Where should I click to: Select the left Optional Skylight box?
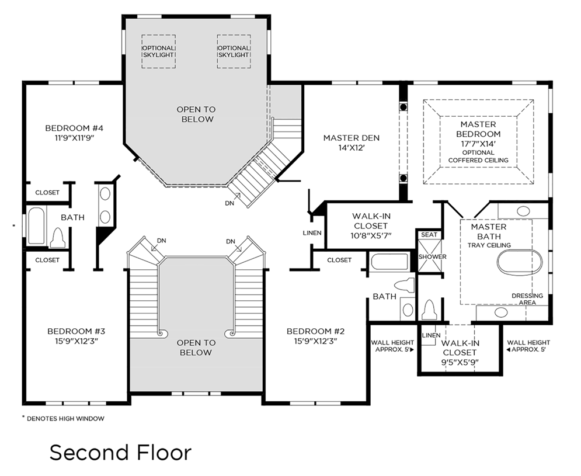pyautogui.click(x=159, y=51)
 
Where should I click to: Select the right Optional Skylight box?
pyautogui.click(x=234, y=51)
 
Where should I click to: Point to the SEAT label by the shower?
pyautogui.click(x=429, y=235)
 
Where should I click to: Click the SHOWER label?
pyautogui.click(x=432, y=257)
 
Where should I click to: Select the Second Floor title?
pyautogui.click(x=120, y=453)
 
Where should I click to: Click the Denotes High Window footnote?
pyautogui.click(x=63, y=418)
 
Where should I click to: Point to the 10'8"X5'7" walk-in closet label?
pyautogui.click(x=371, y=235)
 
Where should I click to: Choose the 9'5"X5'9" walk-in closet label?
pyautogui.click(x=460, y=362)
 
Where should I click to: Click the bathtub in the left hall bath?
pyautogui.click(x=36, y=225)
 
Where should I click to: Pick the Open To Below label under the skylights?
pyautogui.click(x=196, y=114)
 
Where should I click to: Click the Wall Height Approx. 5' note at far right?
pyautogui.click(x=528, y=346)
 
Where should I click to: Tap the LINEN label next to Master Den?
pyautogui.click(x=312, y=233)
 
